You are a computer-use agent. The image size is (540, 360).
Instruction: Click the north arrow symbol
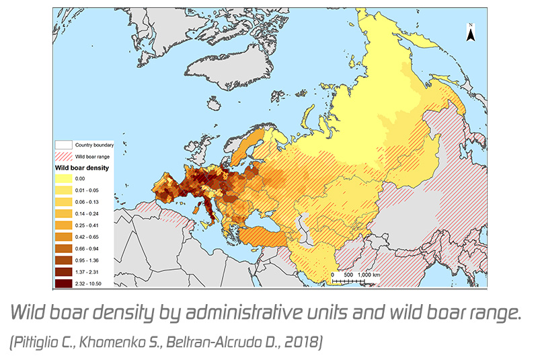[471, 32]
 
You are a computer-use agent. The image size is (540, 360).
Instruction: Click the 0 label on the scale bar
[332, 276]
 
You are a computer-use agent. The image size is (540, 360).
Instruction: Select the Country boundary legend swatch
[64, 145]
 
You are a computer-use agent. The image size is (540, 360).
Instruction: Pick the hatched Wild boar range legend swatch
[64, 156]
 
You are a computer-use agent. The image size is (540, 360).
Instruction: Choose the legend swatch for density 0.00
[65, 179]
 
